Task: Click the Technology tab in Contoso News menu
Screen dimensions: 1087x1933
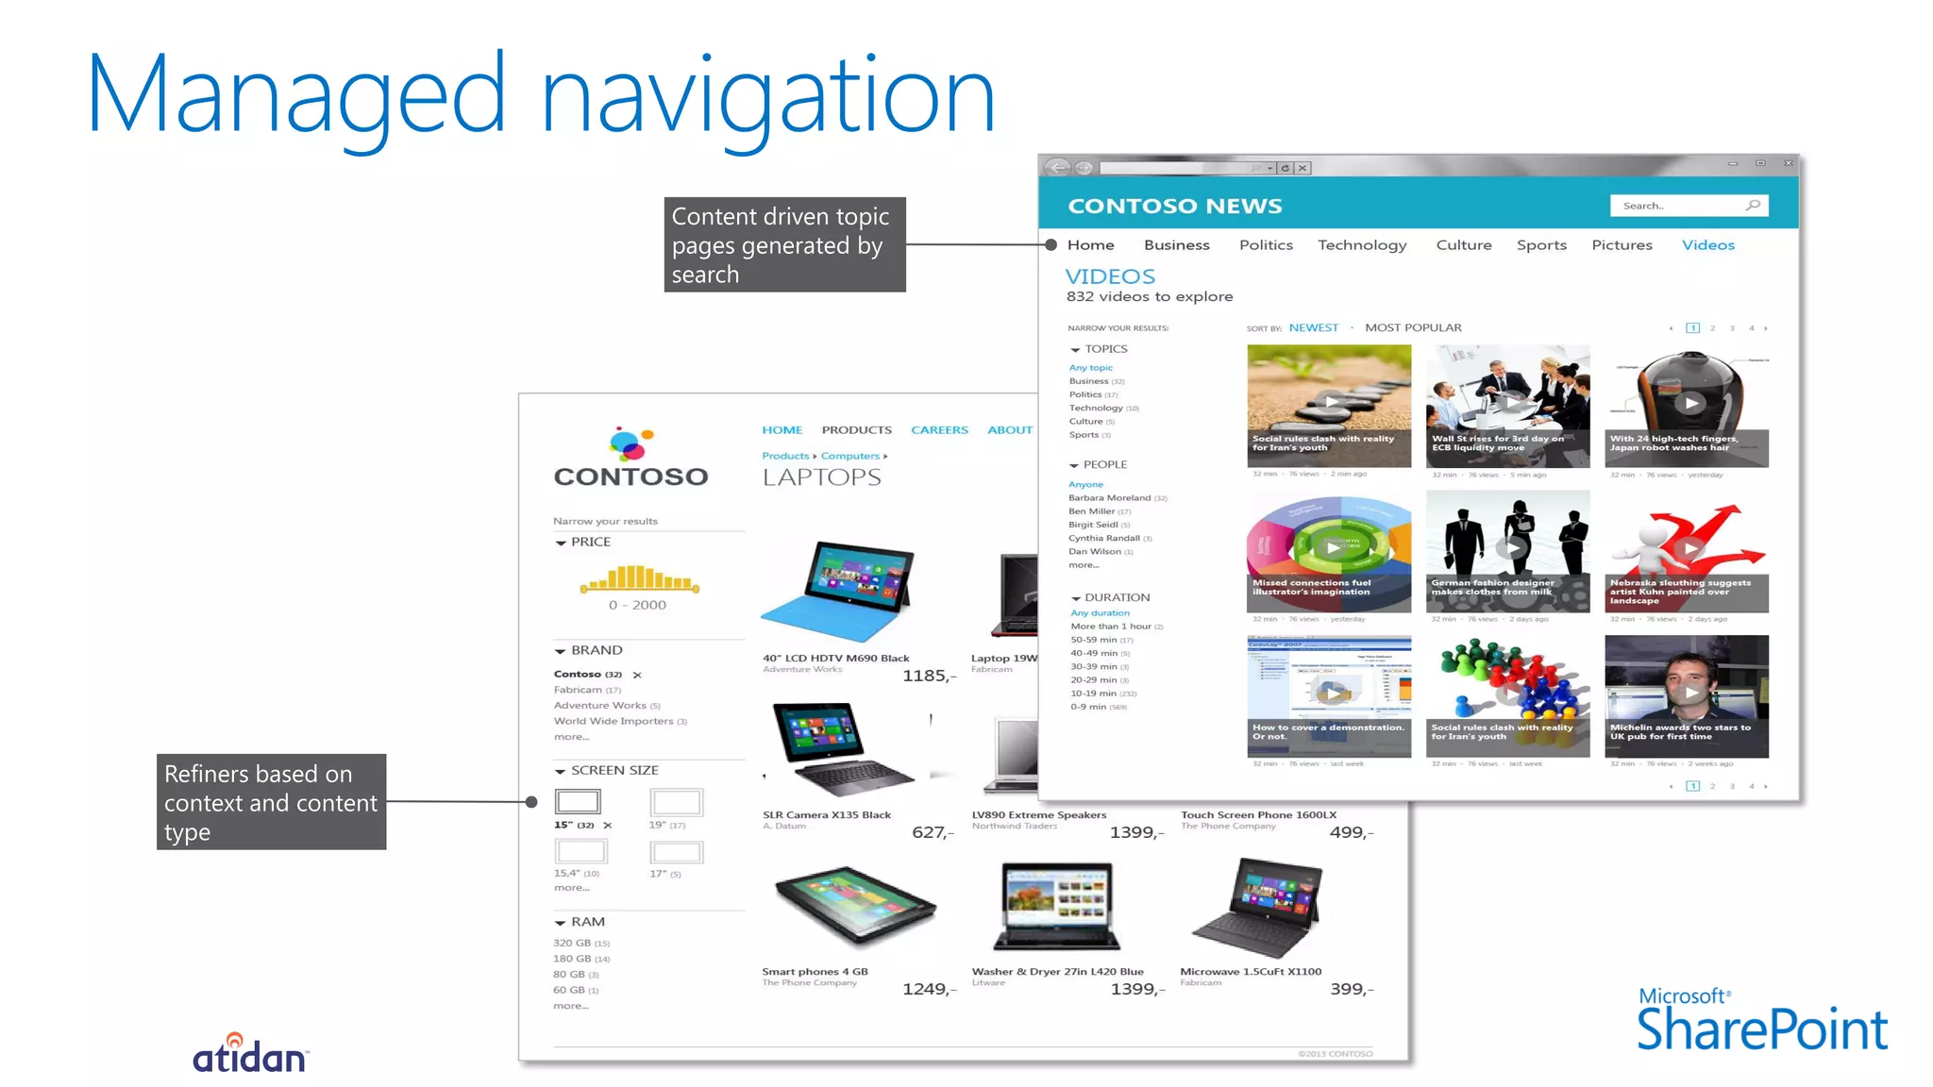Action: [x=1361, y=245]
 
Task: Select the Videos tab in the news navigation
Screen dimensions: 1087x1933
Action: [x=1707, y=245]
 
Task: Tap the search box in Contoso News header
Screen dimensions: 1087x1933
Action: [x=1680, y=206]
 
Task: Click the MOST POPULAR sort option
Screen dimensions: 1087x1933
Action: [x=1412, y=327]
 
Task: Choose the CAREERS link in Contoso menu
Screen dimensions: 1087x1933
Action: [x=939, y=430]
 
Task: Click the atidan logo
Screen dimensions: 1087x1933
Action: [x=249, y=1054]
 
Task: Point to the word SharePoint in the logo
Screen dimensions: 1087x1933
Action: [x=1761, y=1029]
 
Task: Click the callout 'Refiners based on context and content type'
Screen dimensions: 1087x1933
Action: [x=271, y=802]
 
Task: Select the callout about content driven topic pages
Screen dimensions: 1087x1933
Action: [x=783, y=245]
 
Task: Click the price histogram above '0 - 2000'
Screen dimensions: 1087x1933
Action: [x=639, y=577]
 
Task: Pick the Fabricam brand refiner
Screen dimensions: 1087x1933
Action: [x=578, y=690]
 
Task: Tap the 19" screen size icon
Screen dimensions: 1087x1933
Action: [x=676, y=802]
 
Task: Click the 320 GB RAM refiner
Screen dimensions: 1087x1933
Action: [x=572, y=943]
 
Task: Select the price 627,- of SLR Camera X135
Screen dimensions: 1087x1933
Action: [x=933, y=832]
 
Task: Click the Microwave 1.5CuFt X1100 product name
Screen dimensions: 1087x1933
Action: [x=1250, y=971]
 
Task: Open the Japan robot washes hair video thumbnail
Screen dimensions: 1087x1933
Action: [x=1686, y=405]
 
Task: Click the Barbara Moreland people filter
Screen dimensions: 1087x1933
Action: [x=1109, y=497]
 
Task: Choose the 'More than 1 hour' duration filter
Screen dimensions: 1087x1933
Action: [x=1110, y=627]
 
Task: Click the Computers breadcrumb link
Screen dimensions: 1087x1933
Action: [x=849, y=456]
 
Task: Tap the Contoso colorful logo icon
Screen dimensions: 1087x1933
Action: [x=630, y=443]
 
